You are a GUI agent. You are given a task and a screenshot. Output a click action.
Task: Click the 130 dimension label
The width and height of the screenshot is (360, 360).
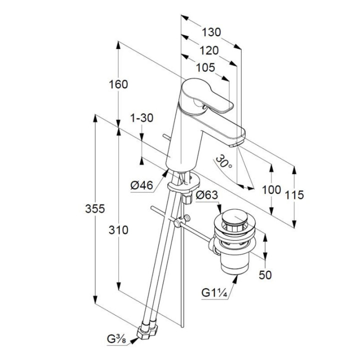pyautogui.click(x=212, y=32)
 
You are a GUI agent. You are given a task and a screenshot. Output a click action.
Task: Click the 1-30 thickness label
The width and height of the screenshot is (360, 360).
pyautogui.click(x=141, y=118)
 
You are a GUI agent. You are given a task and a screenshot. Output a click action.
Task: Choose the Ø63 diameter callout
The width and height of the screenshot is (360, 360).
pyautogui.click(x=207, y=195)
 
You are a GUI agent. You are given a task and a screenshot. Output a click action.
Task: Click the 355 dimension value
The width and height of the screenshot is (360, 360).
pyautogui.click(x=94, y=209)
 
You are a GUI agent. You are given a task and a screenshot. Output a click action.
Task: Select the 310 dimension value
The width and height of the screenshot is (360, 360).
pyautogui.click(x=118, y=230)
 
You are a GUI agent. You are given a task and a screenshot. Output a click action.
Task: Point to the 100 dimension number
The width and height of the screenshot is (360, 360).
pyautogui.click(x=271, y=190)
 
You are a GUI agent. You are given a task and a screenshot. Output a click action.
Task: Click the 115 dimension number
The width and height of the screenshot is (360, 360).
pyautogui.click(x=294, y=194)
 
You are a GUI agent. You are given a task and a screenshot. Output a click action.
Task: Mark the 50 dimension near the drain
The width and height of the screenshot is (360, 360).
pyautogui.click(x=265, y=274)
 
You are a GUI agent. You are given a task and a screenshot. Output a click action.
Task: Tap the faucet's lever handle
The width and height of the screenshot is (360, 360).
pyautogui.click(x=210, y=97)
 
